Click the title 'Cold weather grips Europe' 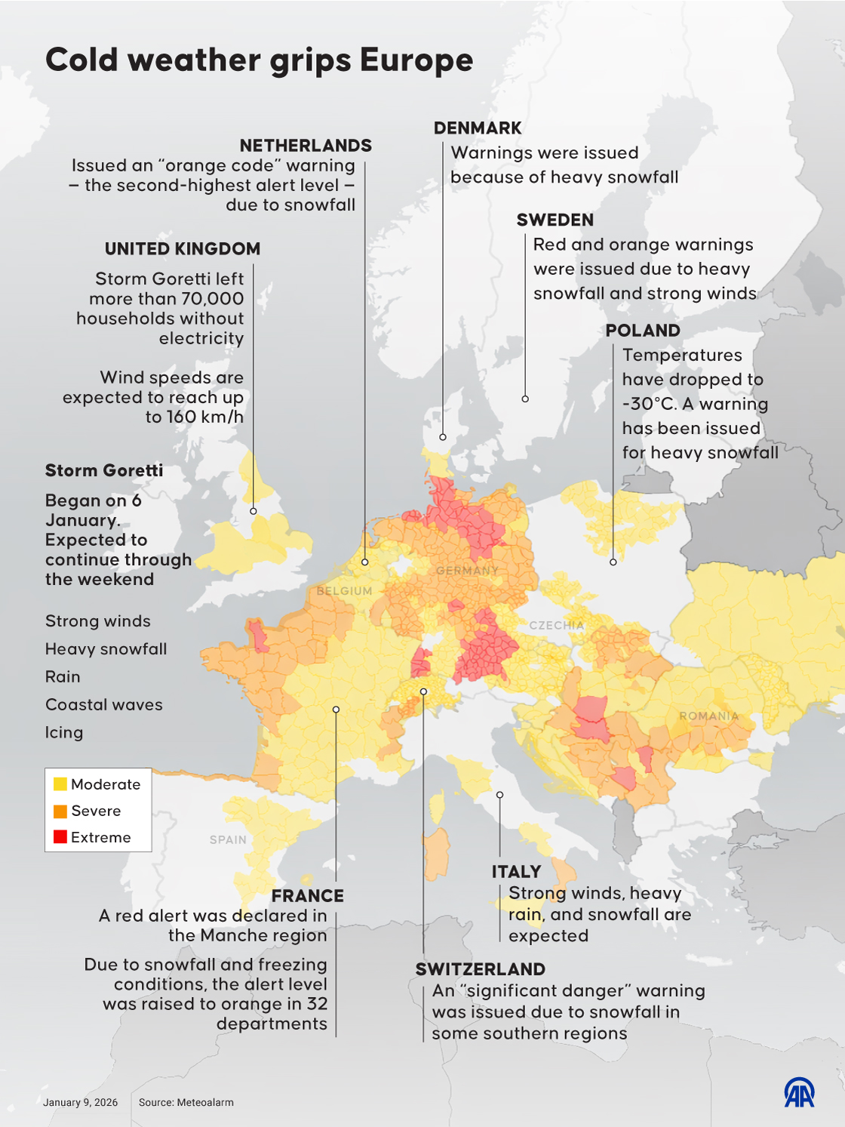click(x=259, y=60)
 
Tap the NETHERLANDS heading click(x=306, y=146)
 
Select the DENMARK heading click(x=478, y=128)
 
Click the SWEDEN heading click(x=555, y=220)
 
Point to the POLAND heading click(x=642, y=331)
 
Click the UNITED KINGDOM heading click(x=183, y=249)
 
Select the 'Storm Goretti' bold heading click(x=104, y=471)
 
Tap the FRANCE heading click(x=307, y=896)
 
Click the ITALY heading click(x=516, y=872)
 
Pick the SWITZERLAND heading click(x=480, y=969)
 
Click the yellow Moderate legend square click(x=60, y=784)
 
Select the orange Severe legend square click(x=60, y=811)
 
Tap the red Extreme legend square click(x=60, y=837)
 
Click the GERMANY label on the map click(x=467, y=571)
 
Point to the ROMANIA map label click(x=708, y=716)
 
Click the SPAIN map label click(x=228, y=839)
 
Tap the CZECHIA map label click(x=556, y=625)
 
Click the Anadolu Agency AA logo click(x=799, y=1092)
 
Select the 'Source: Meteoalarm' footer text click(x=186, y=1103)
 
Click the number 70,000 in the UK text click(x=212, y=299)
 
